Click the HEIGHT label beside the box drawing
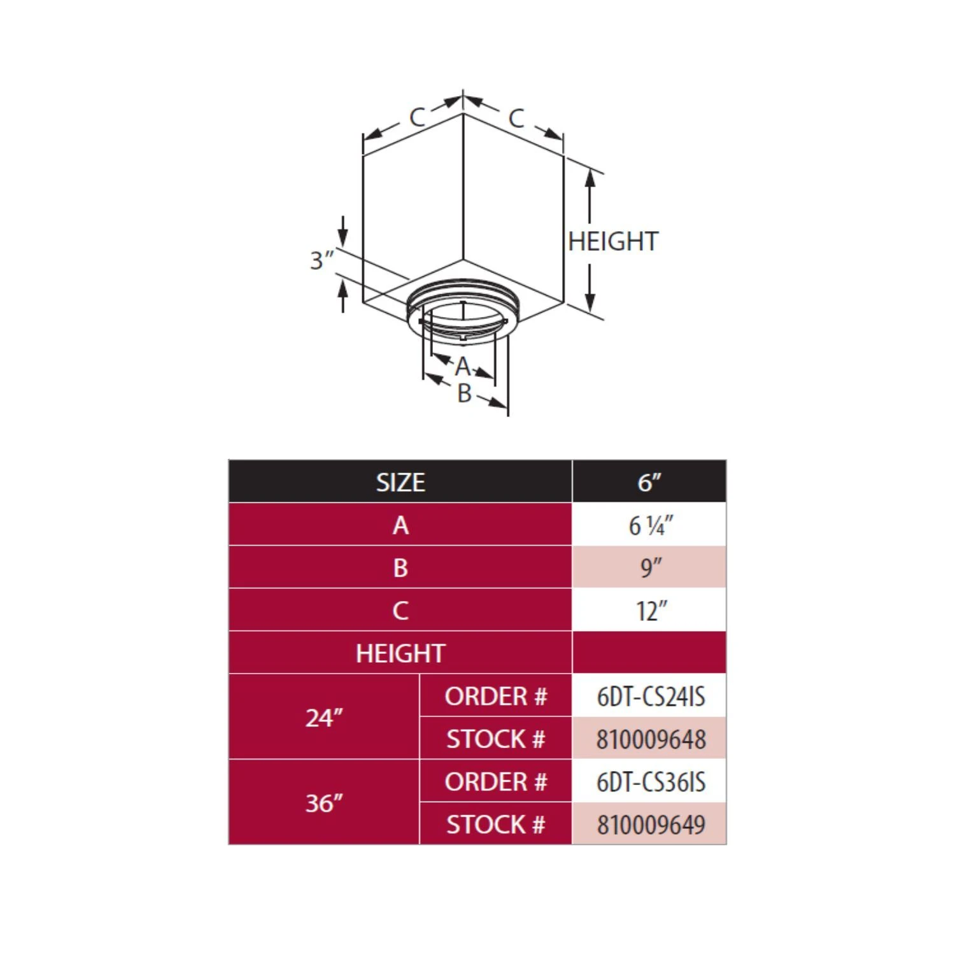(612, 241)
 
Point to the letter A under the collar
(463, 367)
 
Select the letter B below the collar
(464, 393)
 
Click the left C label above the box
(417, 117)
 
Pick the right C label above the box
(516, 118)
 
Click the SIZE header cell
(400, 482)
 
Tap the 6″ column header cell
(649, 482)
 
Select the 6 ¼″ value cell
(650, 525)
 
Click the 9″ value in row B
(650, 567)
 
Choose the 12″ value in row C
(650, 611)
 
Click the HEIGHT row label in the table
(400, 653)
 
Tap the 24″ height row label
(323, 718)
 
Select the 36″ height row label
(323, 803)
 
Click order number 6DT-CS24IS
(650, 697)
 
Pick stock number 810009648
(650, 739)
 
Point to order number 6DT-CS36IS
(650, 782)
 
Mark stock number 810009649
(650, 824)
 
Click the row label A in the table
(400, 525)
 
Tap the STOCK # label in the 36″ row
(495, 824)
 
